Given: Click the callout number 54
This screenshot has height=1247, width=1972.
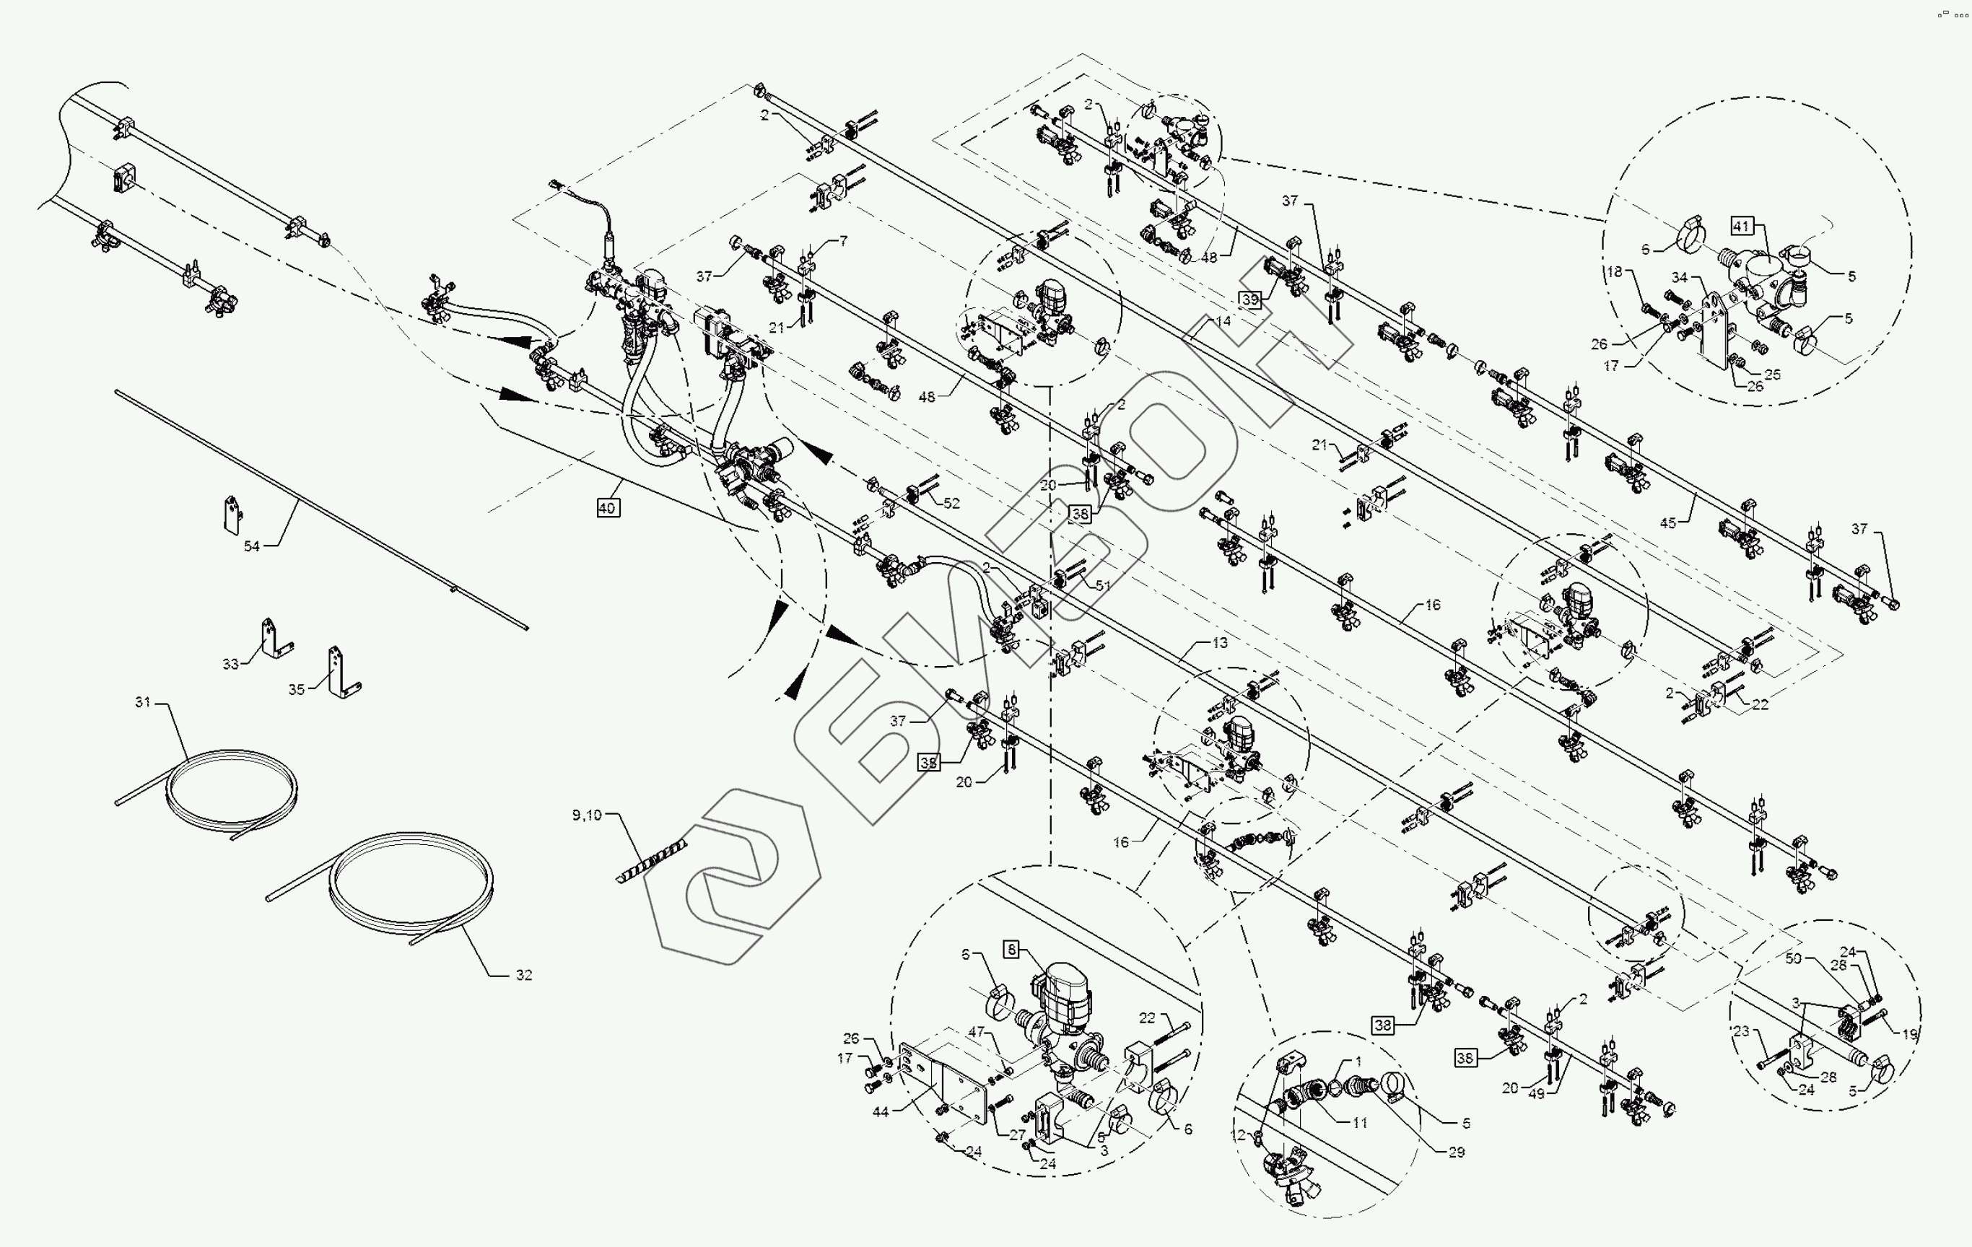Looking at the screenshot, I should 251,546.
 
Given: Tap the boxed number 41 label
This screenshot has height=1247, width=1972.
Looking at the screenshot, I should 1741,226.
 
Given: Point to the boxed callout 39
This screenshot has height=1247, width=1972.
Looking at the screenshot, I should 1249,299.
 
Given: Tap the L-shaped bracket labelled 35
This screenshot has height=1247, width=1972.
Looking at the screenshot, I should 339,674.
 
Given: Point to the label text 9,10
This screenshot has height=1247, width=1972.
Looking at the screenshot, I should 586,815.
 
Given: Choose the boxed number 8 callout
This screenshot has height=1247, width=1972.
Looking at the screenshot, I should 1012,949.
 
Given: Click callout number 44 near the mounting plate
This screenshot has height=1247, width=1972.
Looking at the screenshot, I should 881,1112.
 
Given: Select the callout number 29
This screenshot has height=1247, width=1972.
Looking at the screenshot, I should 1456,1152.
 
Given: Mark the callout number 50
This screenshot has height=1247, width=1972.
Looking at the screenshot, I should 1794,958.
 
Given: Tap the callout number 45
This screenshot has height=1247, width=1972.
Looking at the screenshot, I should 1668,523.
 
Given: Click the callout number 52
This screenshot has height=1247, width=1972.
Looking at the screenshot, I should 951,503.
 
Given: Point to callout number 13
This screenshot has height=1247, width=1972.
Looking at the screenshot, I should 1219,643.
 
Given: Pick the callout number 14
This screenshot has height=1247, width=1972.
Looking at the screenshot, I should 1223,321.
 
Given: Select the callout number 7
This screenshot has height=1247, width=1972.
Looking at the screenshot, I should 844,241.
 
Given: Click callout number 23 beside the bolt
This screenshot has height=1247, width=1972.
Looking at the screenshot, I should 1741,1031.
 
